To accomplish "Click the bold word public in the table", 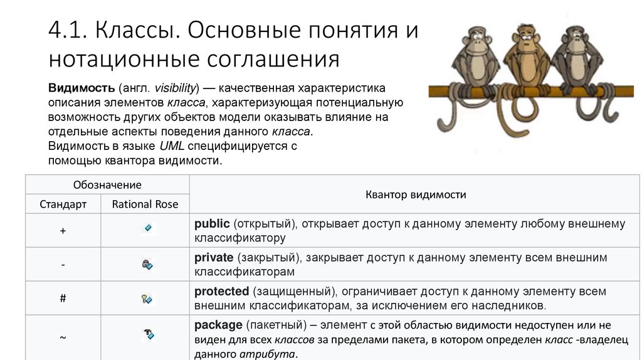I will pyautogui.click(x=212, y=224).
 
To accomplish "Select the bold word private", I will pyautogui.click(x=213, y=258).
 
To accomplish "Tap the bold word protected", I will pyautogui.click(x=222, y=292).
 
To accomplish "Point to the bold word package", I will pyautogui.click(x=218, y=326).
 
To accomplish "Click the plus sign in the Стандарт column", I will pyautogui.click(x=63, y=231).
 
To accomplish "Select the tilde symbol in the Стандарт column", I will pyautogui.click(x=63, y=337).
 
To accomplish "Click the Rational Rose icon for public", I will pyautogui.click(x=147, y=228).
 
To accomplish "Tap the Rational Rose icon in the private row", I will pyautogui.click(x=147, y=265).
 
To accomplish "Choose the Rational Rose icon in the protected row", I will pyautogui.click(x=147, y=299).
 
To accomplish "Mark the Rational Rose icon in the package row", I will pyautogui.click(x=148, y=334).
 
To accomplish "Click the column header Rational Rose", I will pyautogui.click(x=145, y=204).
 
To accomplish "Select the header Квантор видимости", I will pyautogui.click(x=416, y=194).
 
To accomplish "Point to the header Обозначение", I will pyautogui.click(x=107, y=185).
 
